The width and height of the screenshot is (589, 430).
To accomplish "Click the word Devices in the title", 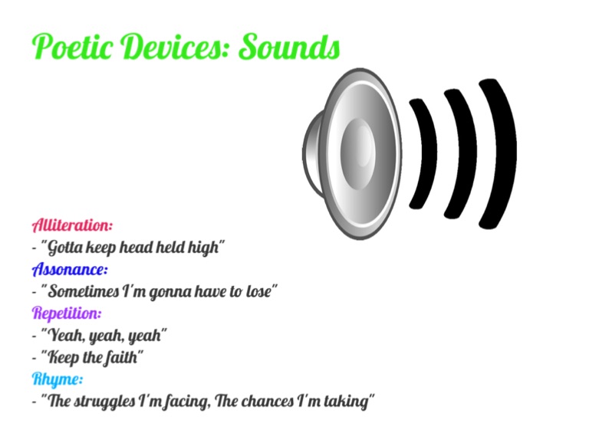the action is (175, 46).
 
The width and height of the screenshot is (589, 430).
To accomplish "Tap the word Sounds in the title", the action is (289, 46).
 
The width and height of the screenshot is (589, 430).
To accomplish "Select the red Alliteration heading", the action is (72, 225).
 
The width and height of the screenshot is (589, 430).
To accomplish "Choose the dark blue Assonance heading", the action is (70, 269).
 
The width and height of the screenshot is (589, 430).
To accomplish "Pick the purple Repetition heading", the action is (67, 313).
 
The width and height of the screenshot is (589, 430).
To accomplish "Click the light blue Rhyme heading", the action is (57, 379).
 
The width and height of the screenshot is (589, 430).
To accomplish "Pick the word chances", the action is (267, 401).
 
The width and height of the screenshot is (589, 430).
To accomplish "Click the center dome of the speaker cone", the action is (358, 153).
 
